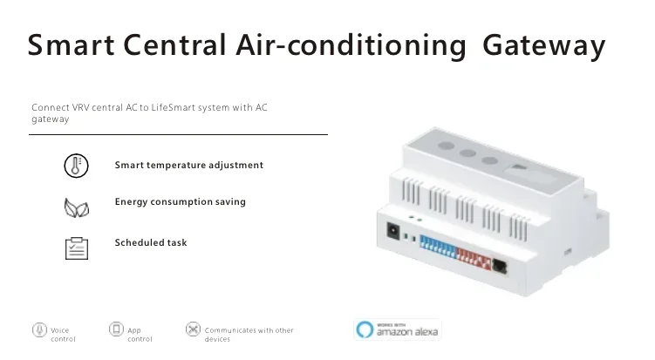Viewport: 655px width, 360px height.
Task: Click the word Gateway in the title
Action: [x=543, y=46]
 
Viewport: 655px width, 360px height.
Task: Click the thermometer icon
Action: [x=77, y=166]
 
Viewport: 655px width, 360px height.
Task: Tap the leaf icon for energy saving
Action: [x=77, y=207]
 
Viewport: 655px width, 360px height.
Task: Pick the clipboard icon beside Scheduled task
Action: [x=77, y=248]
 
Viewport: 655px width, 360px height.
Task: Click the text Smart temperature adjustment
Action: [x=188, y=165]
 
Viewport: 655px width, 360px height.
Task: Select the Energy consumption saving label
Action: [x=180, y=201]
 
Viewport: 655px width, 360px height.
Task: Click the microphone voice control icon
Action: [x=39, y=329]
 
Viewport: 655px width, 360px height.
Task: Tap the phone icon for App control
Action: [x=116, y=329]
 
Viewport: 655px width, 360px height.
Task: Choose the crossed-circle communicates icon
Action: [x=193, y=329]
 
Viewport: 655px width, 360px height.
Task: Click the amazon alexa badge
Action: [x=397, y=329]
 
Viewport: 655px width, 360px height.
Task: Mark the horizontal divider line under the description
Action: [x=180, y=134]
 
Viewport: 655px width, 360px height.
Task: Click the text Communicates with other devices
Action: [x=249, y=335]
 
